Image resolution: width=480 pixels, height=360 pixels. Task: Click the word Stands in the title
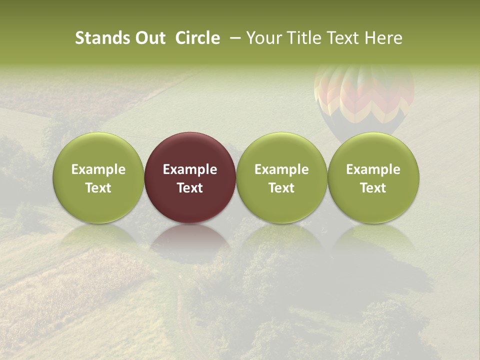(x=102, y=38)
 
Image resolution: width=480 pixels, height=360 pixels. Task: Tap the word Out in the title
(x=149, y=38)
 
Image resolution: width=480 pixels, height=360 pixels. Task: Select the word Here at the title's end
(x=384, y=38)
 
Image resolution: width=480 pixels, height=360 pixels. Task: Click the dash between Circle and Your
(x=233, y=38)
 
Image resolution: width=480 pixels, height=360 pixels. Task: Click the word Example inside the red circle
(x=190, y=169)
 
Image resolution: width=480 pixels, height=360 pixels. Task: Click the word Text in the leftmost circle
(x=98, y=188)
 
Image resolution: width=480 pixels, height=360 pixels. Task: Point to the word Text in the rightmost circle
(x=373, y=188)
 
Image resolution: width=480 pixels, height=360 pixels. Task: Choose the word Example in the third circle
(x=281, y=169)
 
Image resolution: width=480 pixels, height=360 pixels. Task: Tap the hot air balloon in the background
(x=364, y=100)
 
